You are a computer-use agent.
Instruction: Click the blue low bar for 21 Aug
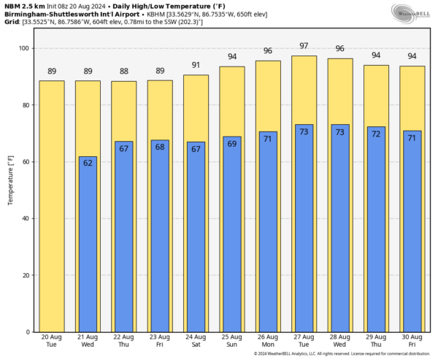click(x=88, y=245)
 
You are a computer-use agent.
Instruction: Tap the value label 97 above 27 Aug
click(x=304, y=46)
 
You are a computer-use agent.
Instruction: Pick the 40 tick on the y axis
click(x=24, y=218)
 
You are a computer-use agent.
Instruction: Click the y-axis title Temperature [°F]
click(x=10, y=190)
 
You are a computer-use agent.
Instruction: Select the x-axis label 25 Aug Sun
click(x=232, y=340)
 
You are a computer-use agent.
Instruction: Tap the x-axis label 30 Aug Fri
click(x=412, y=340)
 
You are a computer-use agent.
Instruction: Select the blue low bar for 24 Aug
click(x=196, y=237)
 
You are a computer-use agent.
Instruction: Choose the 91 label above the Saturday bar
click(x=196, y=65)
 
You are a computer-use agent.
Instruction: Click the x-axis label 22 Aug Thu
click(x=124, y=340)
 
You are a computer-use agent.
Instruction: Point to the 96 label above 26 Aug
click(x=268, y=51)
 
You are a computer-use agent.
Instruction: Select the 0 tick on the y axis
click(x=26, y=332)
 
